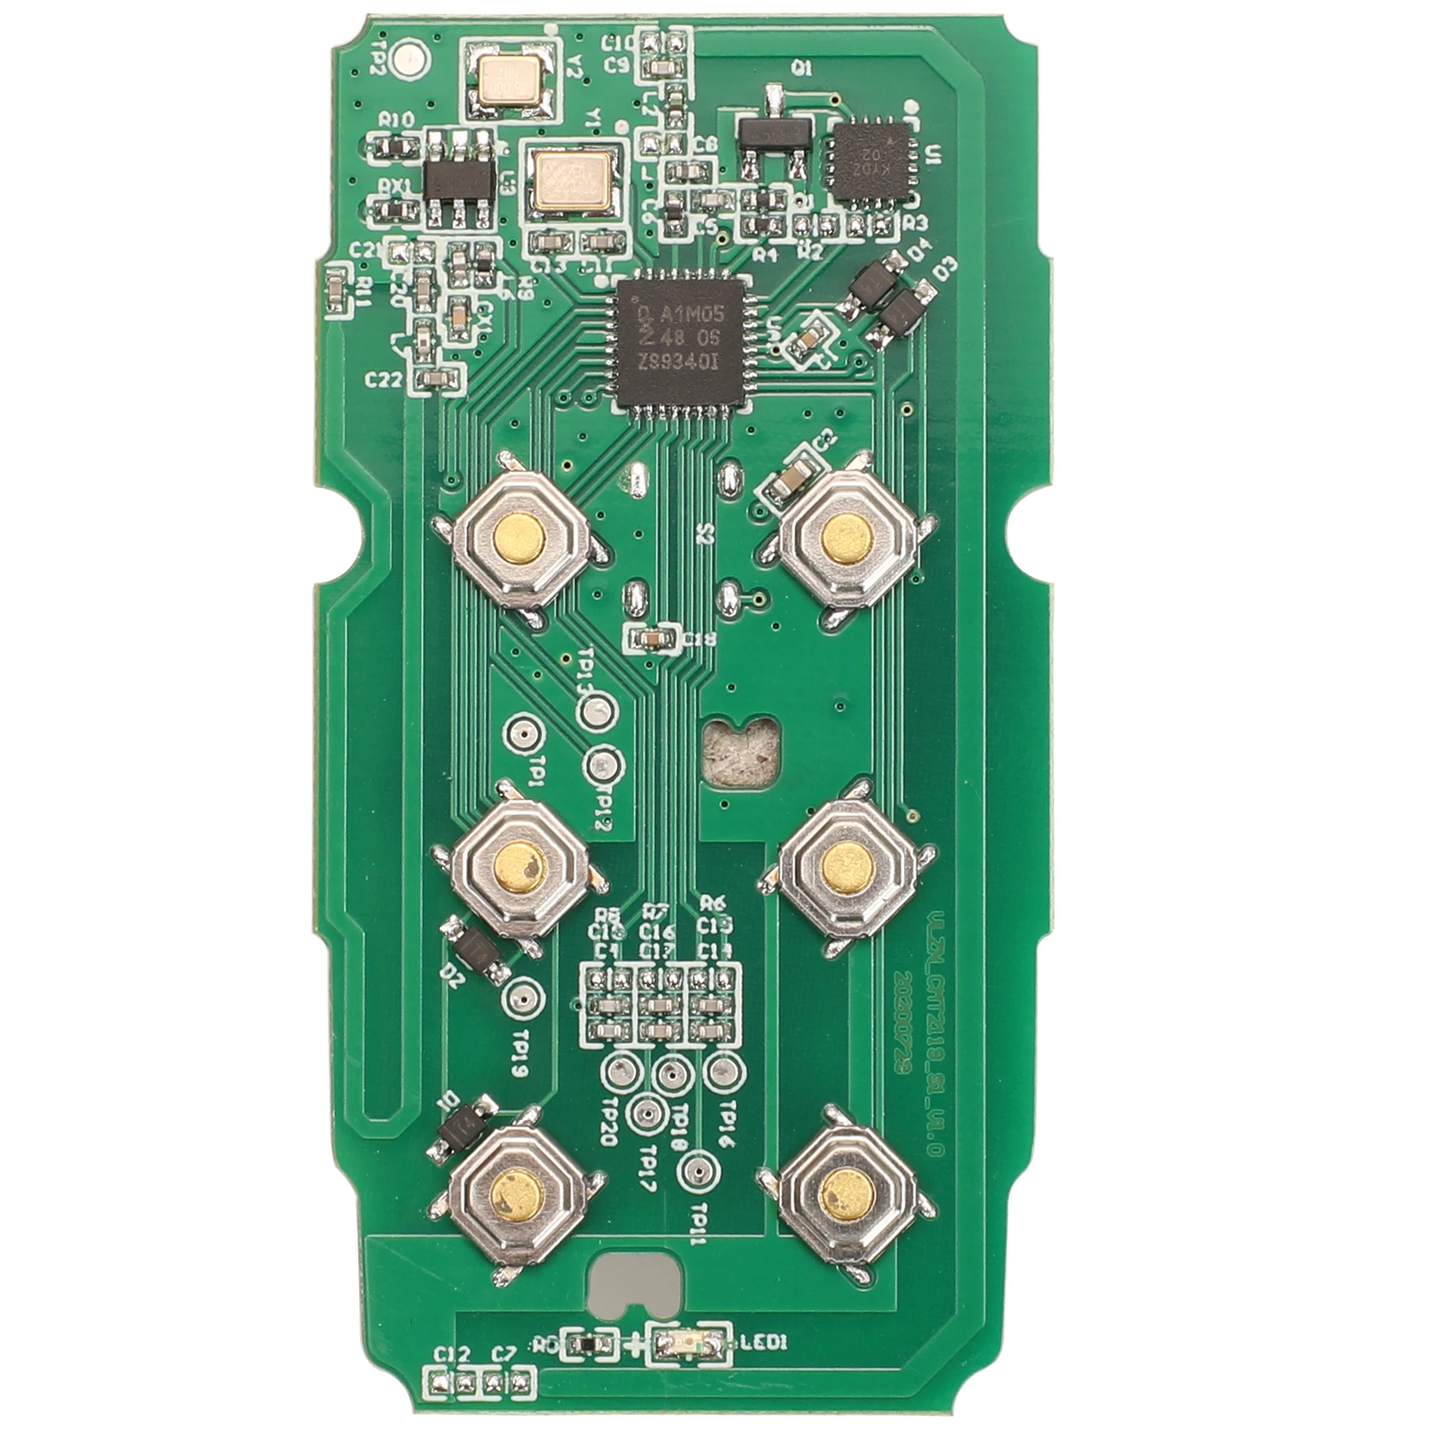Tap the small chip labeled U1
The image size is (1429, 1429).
(870, 162)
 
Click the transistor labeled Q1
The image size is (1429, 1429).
(774, 133)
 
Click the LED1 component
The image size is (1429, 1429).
(689, 1342)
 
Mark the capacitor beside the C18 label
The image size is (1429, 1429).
(652, 638)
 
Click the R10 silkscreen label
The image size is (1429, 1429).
(396, 120)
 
